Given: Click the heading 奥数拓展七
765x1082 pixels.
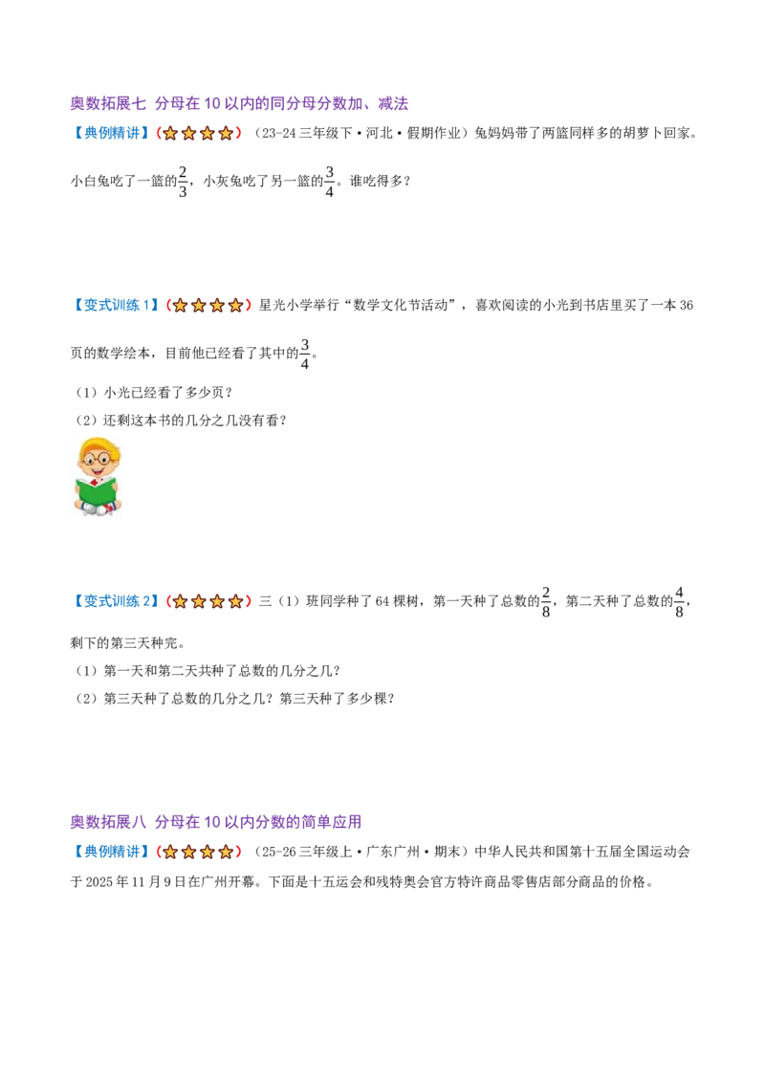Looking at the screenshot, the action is (x=108, y=103).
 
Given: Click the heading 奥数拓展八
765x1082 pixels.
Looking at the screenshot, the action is (x=108, y=822).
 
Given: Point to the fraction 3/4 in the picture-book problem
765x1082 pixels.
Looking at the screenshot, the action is (x=304, y=354).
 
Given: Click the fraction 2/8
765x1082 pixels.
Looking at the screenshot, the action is (x=545, y=602).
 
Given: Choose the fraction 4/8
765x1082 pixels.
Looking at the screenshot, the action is (x=679, y=602).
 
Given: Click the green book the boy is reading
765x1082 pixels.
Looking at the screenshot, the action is (x=96, y=492).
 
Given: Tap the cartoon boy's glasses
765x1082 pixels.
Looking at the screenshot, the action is (x=98, y=458).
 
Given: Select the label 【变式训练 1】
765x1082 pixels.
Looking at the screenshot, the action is (x=116, y=305).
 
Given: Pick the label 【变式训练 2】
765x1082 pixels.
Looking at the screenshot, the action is (x=116, y=601).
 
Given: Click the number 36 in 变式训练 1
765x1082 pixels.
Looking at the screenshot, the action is (x=686, y=305).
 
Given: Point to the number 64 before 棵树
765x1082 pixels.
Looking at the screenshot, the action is (x=382, y=601).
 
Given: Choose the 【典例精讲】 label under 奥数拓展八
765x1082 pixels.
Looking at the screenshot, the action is (x=111, y=852).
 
